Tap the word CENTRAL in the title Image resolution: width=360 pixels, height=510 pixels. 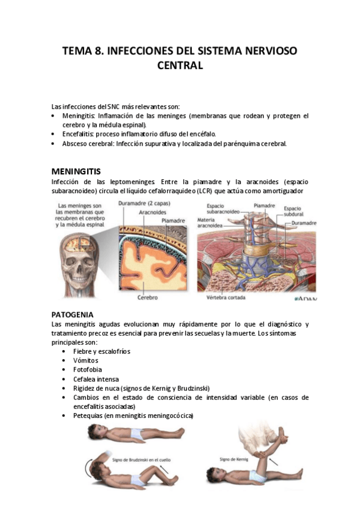tap(180, 65)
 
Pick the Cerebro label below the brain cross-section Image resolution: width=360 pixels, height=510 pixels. tap(147, 297)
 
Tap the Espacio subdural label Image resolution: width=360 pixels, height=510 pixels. tap(293, 210)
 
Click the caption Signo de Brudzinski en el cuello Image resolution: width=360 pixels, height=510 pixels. tap(135, 458)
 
